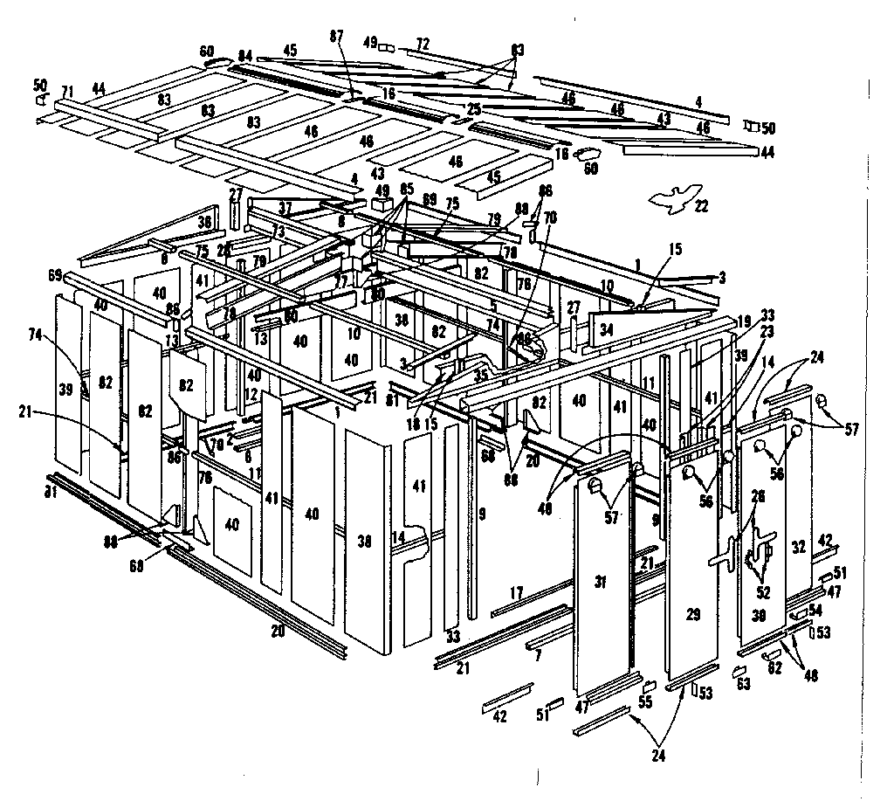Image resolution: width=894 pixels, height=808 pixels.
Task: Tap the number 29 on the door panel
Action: coord(693,615)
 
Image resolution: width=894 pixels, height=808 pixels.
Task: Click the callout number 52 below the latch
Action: coord(764,591)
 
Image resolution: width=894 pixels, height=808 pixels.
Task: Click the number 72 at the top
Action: coord(423,43)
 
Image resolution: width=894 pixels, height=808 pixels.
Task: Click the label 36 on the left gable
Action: coord(205,223)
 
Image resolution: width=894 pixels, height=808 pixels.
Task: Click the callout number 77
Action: coord(341,281)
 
